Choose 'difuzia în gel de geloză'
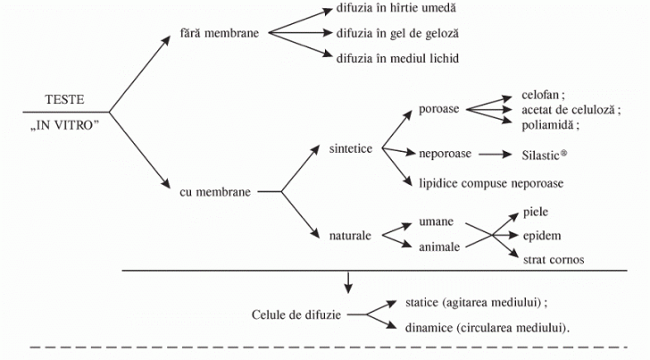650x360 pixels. point(396,33)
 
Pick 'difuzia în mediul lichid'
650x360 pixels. point(396,57)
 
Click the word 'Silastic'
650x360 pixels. point(539,155)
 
